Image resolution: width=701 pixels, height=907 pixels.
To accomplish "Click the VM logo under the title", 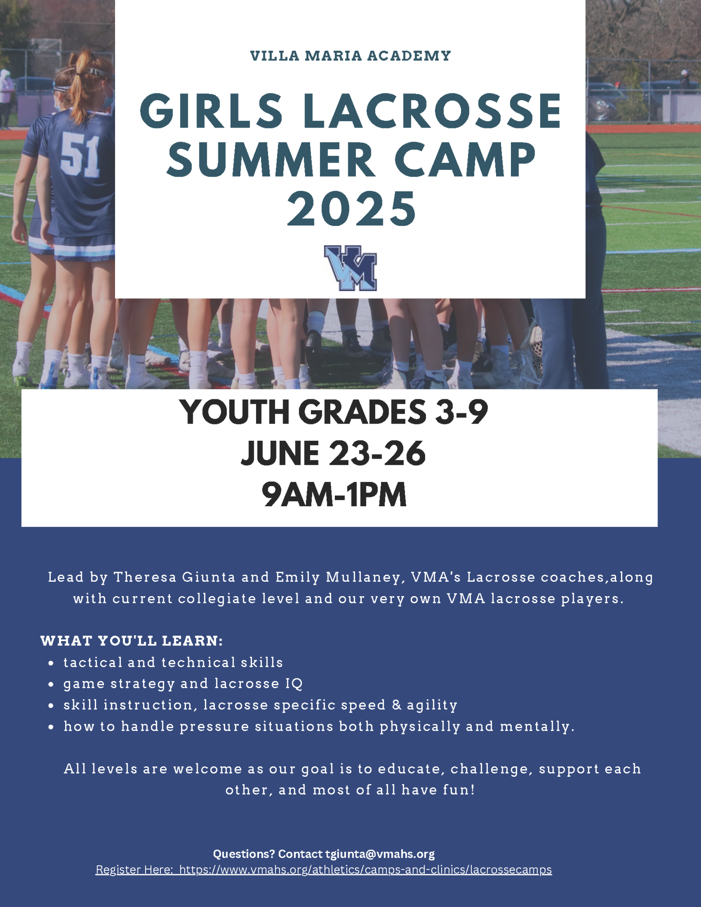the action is pos(350,268).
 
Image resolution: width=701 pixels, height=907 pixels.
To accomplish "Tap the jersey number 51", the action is pos(80,155).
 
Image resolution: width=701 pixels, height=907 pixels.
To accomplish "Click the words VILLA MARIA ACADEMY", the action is pos(350,56).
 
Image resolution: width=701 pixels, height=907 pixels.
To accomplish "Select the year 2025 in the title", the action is pos(351,208).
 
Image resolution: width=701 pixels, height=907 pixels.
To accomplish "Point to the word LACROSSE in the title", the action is pos(432,111).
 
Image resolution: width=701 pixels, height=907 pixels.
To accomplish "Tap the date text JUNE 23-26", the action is pos(333,453).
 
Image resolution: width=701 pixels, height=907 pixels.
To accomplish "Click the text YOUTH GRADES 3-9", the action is pos(334,412).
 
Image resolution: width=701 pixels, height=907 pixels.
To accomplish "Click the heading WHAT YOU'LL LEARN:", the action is pos(132,641).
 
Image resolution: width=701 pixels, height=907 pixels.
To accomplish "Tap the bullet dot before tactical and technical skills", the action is pos(52,663).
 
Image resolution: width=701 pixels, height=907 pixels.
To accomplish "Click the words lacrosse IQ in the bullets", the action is pos(258,684).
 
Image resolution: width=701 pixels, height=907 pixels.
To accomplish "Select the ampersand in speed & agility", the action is pos(396,705).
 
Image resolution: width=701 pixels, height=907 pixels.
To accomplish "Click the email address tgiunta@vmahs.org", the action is pos(380,854).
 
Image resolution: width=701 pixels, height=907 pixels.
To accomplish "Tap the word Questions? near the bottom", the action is pos(244,854).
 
